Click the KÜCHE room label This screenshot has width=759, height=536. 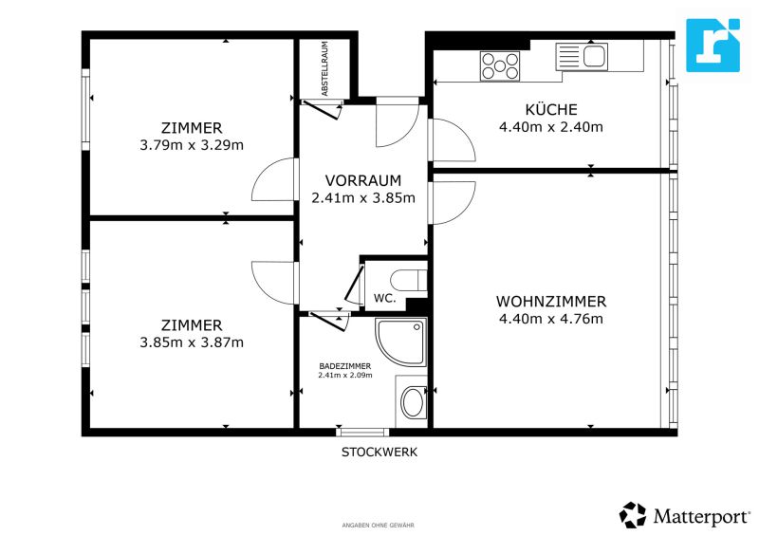click(x=551, y=110)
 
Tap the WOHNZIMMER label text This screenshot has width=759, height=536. click(x=551, y=302)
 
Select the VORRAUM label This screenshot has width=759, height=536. click(x=363, y=180)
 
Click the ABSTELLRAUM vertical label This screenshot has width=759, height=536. click(x=324, y=68)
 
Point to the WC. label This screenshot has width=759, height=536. click(x=385, y=298)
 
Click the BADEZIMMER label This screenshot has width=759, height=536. click(x=345, y=366)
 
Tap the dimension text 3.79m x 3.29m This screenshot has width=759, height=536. click(x=192, y=145)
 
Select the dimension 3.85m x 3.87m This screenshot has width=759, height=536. click(x=192, y=342)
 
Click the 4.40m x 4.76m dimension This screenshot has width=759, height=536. click(x=551, y=319)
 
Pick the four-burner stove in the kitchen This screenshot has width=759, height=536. click(x=500, y=65)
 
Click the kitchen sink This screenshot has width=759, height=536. click(x=582, y=57)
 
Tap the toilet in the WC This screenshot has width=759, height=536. click(x=409, y=280)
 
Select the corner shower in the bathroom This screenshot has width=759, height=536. click(x=400, y=342)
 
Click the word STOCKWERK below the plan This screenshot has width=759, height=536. click(x=379, y=453)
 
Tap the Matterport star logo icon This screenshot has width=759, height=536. click(x=633, y=515)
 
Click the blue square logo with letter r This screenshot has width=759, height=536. click(x=713, y=45)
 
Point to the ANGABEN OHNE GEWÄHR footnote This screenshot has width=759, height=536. click(x=378, y=526)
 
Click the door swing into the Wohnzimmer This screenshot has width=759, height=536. click(x=454, y=202)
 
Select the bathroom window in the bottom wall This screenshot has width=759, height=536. click(x=363, y=433)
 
